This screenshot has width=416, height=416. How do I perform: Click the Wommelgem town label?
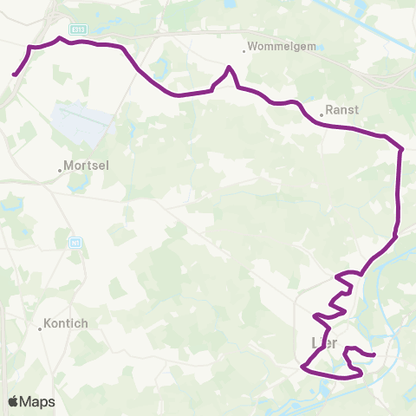tap(273, 46)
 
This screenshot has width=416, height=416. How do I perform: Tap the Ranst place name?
tap(338, 111)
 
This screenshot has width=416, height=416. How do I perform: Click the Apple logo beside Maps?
tap(13, 401)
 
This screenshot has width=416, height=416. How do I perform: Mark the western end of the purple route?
tap(15, 75)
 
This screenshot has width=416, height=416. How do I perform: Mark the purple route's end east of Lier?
tap(374, 354)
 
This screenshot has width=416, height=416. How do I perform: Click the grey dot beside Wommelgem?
tap(244, 51)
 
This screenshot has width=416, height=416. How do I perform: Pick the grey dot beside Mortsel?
tap(60, 170)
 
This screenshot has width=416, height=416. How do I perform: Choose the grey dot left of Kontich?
tap(40, 328)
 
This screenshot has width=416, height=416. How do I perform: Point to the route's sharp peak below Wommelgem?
tap(229, 68)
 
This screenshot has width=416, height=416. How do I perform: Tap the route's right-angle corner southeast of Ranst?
tap(402, 150)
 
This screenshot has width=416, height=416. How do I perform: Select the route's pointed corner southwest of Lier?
tap(302, 367)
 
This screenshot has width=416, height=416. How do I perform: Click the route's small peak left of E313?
tap(59, 37)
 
